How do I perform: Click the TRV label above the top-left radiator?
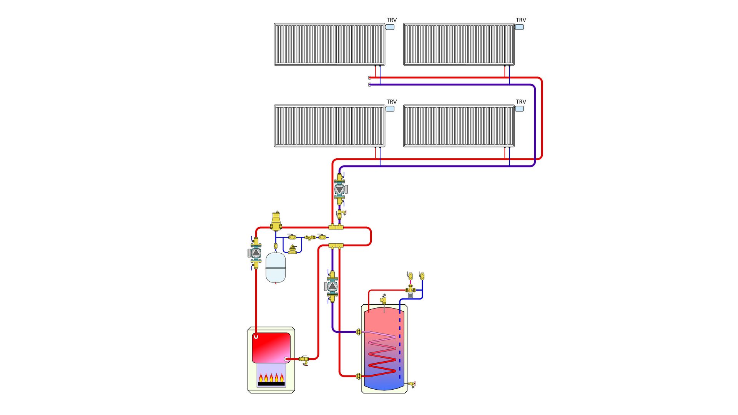click(x=391, y=20)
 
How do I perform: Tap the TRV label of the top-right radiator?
click(x=520, y=20)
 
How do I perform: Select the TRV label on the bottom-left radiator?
click(x=391, y=102)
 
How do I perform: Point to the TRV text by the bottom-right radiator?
click(x=520, y=102)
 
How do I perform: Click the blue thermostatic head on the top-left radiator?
click(x=390, y=27)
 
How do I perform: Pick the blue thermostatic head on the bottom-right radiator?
click(x=519, y=109)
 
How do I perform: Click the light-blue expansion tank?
click(x=276, y=267)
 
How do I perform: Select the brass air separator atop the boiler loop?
click(x=276, y=221)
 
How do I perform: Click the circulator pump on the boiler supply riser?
click(x=256, y=252)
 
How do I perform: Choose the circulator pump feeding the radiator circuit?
click(x=340, y=189)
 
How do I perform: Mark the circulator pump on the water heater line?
click(x=332, y=286)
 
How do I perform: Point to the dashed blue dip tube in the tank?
click(x=400, y=346)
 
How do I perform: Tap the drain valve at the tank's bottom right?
click(x=412, y=384)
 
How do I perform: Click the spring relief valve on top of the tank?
click(x=384, y=299)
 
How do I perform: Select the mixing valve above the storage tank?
click(x=411, y=290)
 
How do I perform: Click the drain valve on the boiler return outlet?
click(x=304, y=360)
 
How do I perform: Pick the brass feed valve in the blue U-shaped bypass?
click(x=293, y=250)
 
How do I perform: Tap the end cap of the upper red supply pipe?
click(x=369, y=78)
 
